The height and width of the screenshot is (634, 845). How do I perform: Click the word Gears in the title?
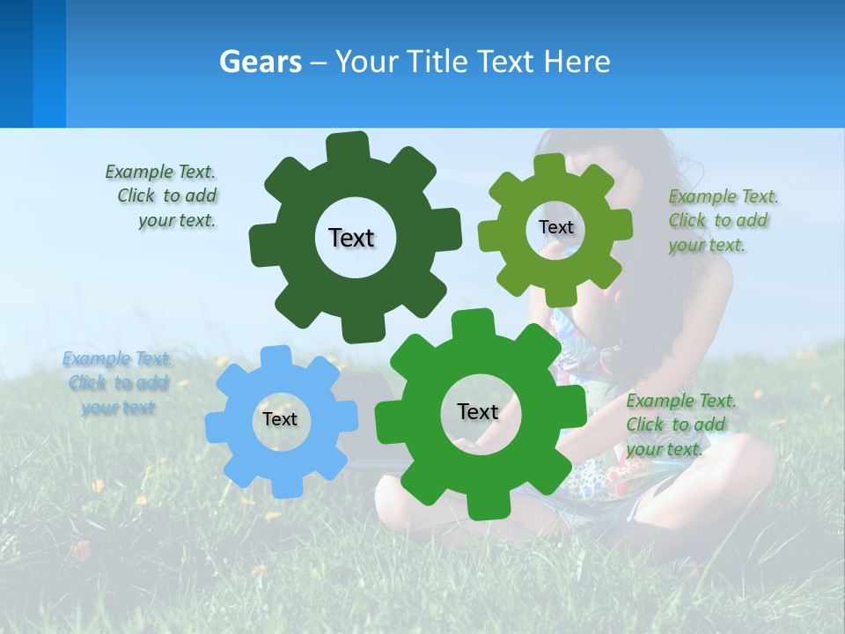[x=260, y=62]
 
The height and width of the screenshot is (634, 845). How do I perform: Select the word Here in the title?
[x=577, y=62]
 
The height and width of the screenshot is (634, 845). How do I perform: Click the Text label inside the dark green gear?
[x=351, y=238]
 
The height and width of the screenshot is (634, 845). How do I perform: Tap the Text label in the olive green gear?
[x=555, y=227]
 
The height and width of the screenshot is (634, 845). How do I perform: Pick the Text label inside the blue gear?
[x=280, y=419]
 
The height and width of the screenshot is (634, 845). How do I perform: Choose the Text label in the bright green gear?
[x=478, y=411]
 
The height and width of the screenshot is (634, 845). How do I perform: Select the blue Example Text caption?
[x=117, y=383]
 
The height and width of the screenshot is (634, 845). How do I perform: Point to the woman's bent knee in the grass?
[x=748, y=458]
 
